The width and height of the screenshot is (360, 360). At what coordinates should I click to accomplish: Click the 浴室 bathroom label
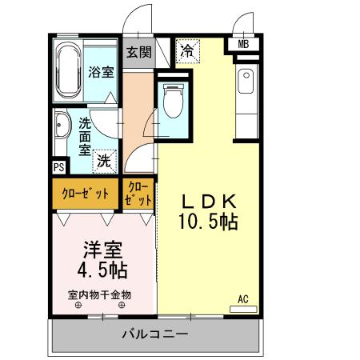pyautogui.click(x=102, y=72)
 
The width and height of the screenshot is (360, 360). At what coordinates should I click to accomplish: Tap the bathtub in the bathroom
pyautogui.click(x=70, y=72)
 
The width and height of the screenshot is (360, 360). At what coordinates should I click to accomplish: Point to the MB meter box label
pyautogui.click(x=243, y=44)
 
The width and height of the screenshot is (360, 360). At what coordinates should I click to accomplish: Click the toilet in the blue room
pyautogui.click(x=171, y=100)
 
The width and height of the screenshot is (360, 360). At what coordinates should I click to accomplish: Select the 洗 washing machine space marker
pyautogui.click(x=105, y=161)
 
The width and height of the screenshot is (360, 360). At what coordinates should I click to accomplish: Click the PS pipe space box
pyautogui.click(x=58, y=166)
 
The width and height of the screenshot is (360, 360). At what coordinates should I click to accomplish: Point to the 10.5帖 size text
pyautogui.click(x=206, y=222)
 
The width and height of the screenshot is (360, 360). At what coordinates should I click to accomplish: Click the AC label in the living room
pyautogui.click(x=243, y=299)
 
